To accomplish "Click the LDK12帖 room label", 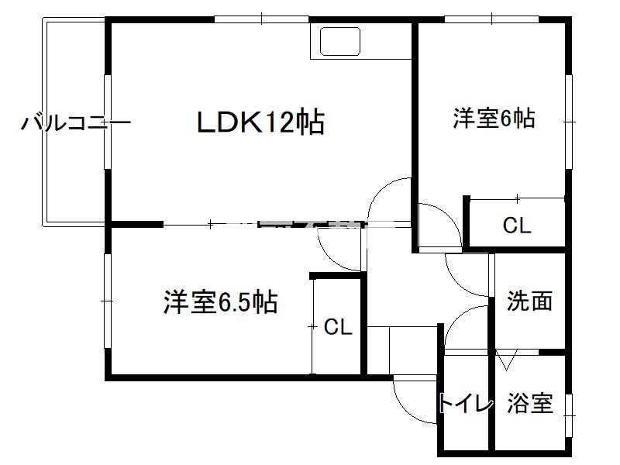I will [260, 122].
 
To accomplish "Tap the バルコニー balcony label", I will [75, 123].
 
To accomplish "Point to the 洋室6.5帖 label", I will [221, 301].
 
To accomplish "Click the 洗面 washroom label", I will [530, 301].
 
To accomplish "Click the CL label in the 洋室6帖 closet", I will [517, 226].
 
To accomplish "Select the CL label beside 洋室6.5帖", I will [338, 327].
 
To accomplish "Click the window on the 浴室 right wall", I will [571, 407].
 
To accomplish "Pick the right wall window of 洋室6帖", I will [571, 120].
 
